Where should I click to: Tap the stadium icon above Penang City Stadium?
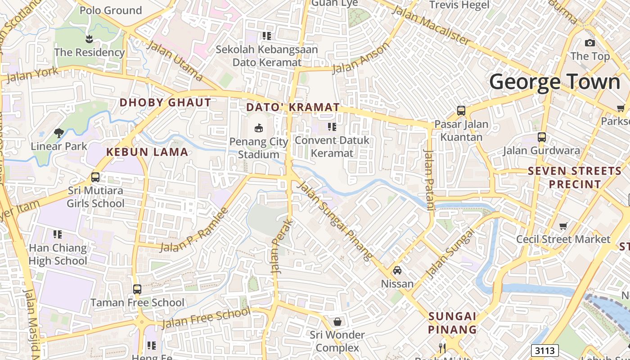click(259, 128)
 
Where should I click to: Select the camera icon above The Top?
click(589, 43)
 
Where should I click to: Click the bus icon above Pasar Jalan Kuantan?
click(461, 110)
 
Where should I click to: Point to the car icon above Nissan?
click(397, 270)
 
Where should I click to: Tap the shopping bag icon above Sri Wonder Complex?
click(337, 322)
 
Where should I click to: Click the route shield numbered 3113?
click(544, 351)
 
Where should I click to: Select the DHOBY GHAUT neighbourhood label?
click(165, 103)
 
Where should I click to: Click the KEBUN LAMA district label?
click(147, 152)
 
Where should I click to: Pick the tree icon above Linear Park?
click(58, 133)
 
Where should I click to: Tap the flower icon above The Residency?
click(89, 39)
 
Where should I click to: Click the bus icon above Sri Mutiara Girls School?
click(95, 177)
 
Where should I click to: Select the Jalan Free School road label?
click(206, 318)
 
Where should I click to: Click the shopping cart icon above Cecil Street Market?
click(563, 226)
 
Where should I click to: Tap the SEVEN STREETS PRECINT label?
click(575, 177)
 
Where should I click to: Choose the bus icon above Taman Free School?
click(137, 289)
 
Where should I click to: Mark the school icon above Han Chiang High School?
click(58, 234)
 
